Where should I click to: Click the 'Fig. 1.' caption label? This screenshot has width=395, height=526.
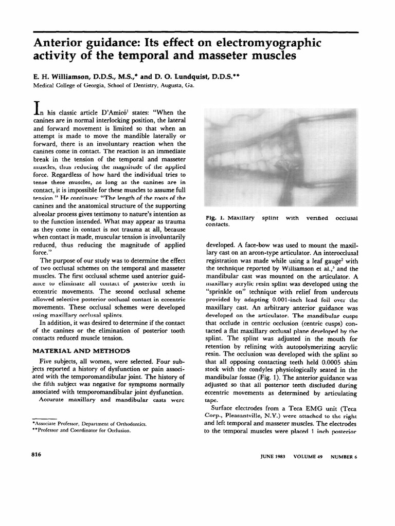tap(214, 218)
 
